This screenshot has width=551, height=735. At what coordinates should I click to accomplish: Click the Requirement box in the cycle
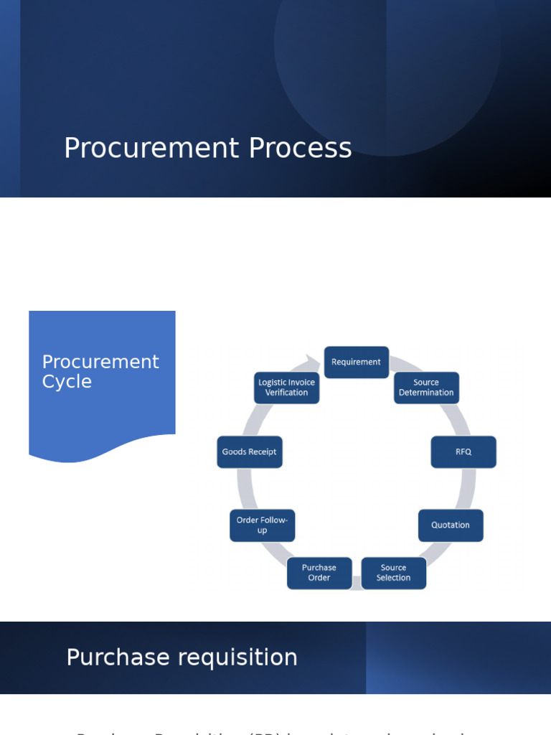point(357,362)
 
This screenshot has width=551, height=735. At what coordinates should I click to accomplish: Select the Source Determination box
point(426,388)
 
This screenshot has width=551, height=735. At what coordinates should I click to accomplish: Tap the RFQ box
point(463,452)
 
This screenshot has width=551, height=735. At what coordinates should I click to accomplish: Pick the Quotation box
point(451,525)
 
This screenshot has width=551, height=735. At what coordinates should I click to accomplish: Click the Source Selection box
point(393,573)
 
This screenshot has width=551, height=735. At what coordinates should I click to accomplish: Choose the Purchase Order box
point(319,573)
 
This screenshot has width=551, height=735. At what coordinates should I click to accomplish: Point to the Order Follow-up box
point(262,525)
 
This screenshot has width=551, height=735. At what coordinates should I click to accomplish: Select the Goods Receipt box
point(250,452)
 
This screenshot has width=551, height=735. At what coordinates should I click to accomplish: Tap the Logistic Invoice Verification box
point(287,388)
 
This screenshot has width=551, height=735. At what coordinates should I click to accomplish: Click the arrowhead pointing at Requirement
point(314,360)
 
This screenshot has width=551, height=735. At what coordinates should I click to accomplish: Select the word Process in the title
point(300,149)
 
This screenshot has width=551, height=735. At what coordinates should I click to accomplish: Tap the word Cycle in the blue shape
point(67,382)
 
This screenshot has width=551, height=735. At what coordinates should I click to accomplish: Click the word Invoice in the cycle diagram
point(302,383)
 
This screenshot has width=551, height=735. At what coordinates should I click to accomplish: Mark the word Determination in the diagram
point(426,393)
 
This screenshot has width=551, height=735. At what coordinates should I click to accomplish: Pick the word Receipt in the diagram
point(262,452)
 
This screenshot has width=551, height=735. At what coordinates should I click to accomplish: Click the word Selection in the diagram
point(393,578)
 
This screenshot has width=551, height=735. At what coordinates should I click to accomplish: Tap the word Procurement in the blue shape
point(100,362)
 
